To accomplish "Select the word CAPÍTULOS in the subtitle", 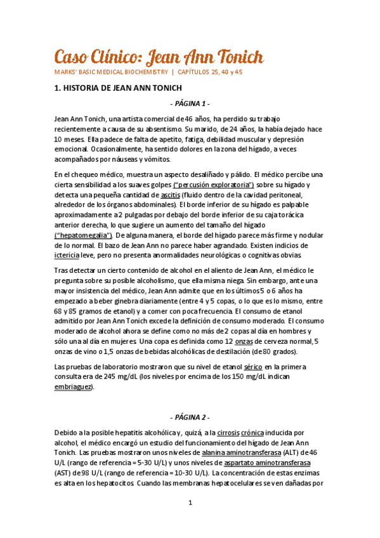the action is coord(202,72).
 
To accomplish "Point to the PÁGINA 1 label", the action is coord(190,103).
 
